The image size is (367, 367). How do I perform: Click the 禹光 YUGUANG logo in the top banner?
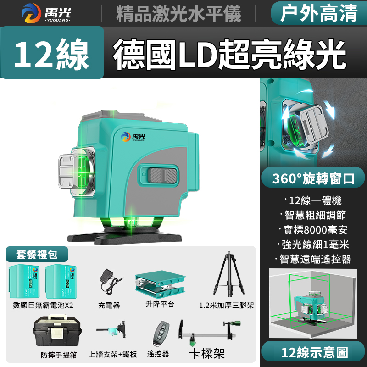coord(46,13)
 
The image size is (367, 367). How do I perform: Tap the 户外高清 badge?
coord(319,13)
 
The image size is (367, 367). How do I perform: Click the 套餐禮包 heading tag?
coord(37,254)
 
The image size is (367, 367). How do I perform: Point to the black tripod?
coord(229,274)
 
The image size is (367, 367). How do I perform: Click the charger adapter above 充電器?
coord(110,281)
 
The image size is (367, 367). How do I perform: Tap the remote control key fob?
coord(161,334)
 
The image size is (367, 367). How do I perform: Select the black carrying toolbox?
coord(57,330)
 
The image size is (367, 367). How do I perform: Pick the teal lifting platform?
coord(160,284)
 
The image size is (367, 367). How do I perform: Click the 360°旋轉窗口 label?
coord(313,178)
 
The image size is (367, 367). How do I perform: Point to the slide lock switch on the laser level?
coord(163,175)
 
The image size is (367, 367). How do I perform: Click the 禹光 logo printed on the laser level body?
coord(133,136)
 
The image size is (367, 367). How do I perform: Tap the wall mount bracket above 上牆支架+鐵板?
coord(112,329)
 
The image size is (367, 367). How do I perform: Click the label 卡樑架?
coord(207,353)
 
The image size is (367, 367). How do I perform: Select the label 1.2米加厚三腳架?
coord(226,305)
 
